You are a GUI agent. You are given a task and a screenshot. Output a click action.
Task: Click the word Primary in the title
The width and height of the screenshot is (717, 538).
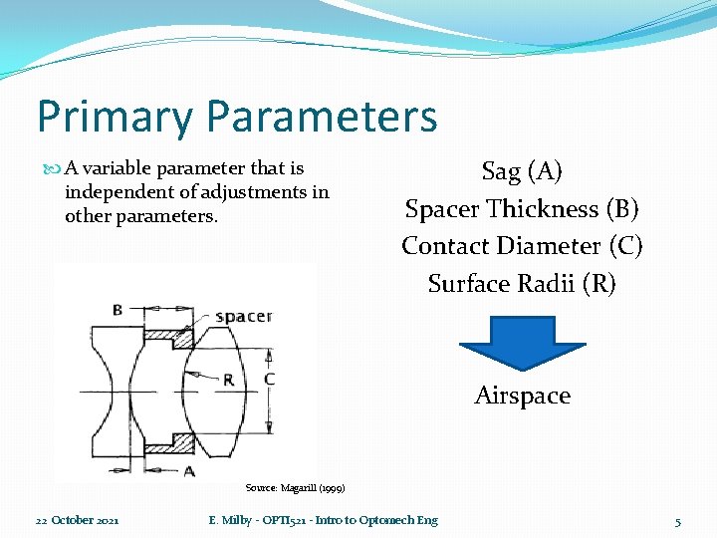tap(113, 116)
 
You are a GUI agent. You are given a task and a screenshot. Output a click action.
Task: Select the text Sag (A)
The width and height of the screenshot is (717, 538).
tap(522, 171)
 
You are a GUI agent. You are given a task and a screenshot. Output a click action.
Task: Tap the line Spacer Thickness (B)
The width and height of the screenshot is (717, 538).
tap(522, 209)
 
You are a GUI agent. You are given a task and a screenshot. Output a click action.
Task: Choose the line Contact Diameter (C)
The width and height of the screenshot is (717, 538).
tap(522, 246)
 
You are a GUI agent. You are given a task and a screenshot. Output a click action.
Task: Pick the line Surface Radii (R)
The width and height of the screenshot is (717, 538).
tap(522, 284)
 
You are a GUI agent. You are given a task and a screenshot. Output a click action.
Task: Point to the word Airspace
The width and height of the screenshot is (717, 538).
tap(522, 396)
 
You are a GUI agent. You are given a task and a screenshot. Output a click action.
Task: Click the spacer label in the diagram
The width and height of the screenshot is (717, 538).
tap(243, 316)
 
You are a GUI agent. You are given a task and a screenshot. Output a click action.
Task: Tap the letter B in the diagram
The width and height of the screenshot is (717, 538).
tap(118, 310)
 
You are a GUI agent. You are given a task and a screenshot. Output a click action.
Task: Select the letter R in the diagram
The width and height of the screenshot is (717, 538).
tap(228, 380)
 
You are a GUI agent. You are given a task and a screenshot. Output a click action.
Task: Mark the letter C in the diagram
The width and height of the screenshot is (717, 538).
tap(269, 380)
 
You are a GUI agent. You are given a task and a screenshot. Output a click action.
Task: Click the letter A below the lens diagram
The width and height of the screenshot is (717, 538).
tap(189, 469)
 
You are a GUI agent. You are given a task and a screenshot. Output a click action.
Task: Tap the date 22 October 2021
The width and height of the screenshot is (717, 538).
tap(78, 520)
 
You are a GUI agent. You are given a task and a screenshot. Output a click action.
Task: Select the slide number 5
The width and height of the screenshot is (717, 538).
tap(678, 521)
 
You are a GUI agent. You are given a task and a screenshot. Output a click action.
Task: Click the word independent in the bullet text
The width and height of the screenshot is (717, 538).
tap(112, 192)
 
